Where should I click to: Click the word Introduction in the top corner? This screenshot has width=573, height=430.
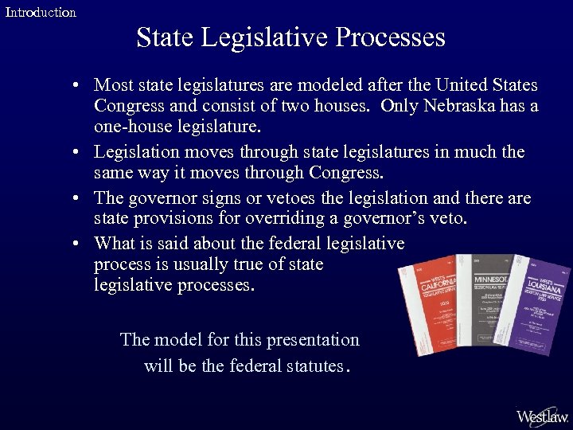(41, 13)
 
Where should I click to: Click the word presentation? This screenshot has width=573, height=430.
(311, 340)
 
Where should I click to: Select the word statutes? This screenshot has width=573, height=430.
(305, 366)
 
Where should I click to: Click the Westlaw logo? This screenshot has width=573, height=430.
(542, 416)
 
